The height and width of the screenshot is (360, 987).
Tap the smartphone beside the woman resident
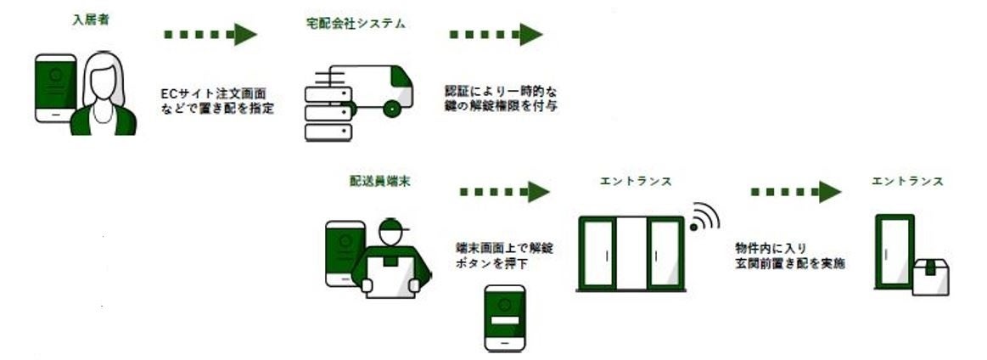54,87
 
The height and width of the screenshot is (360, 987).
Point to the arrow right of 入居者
210,35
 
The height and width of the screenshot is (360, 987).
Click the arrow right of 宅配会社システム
496,35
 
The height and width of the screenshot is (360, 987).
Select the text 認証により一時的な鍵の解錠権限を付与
501,98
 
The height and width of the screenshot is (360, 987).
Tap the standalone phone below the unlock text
504,318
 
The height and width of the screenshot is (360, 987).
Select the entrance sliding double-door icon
631,253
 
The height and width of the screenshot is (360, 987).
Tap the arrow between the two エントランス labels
794,192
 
